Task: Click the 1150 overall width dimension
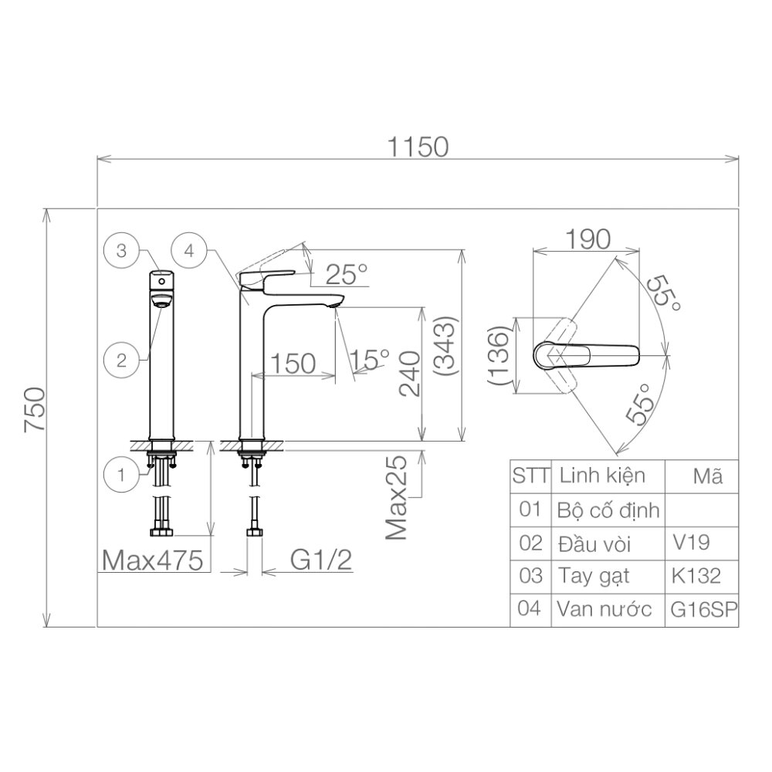point(418,147)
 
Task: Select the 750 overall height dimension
point(36,418)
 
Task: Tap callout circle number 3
point(121,250)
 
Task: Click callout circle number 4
point(189,250)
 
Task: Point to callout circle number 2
point(121,359)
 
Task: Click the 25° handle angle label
point(346,273)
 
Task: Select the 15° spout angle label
point(369,359)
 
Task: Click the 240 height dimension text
point(410,373)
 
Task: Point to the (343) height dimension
point(447,347)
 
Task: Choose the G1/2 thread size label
point(321,560)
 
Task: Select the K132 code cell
point(696,575)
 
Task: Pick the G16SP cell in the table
point(702,608)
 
